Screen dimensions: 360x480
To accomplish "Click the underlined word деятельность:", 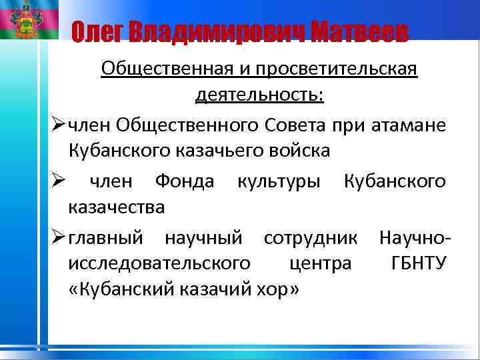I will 259,96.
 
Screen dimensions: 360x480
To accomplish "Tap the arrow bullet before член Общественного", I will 57,124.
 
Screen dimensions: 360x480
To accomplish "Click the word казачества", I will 117,207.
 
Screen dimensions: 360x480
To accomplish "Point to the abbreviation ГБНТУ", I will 419,263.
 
